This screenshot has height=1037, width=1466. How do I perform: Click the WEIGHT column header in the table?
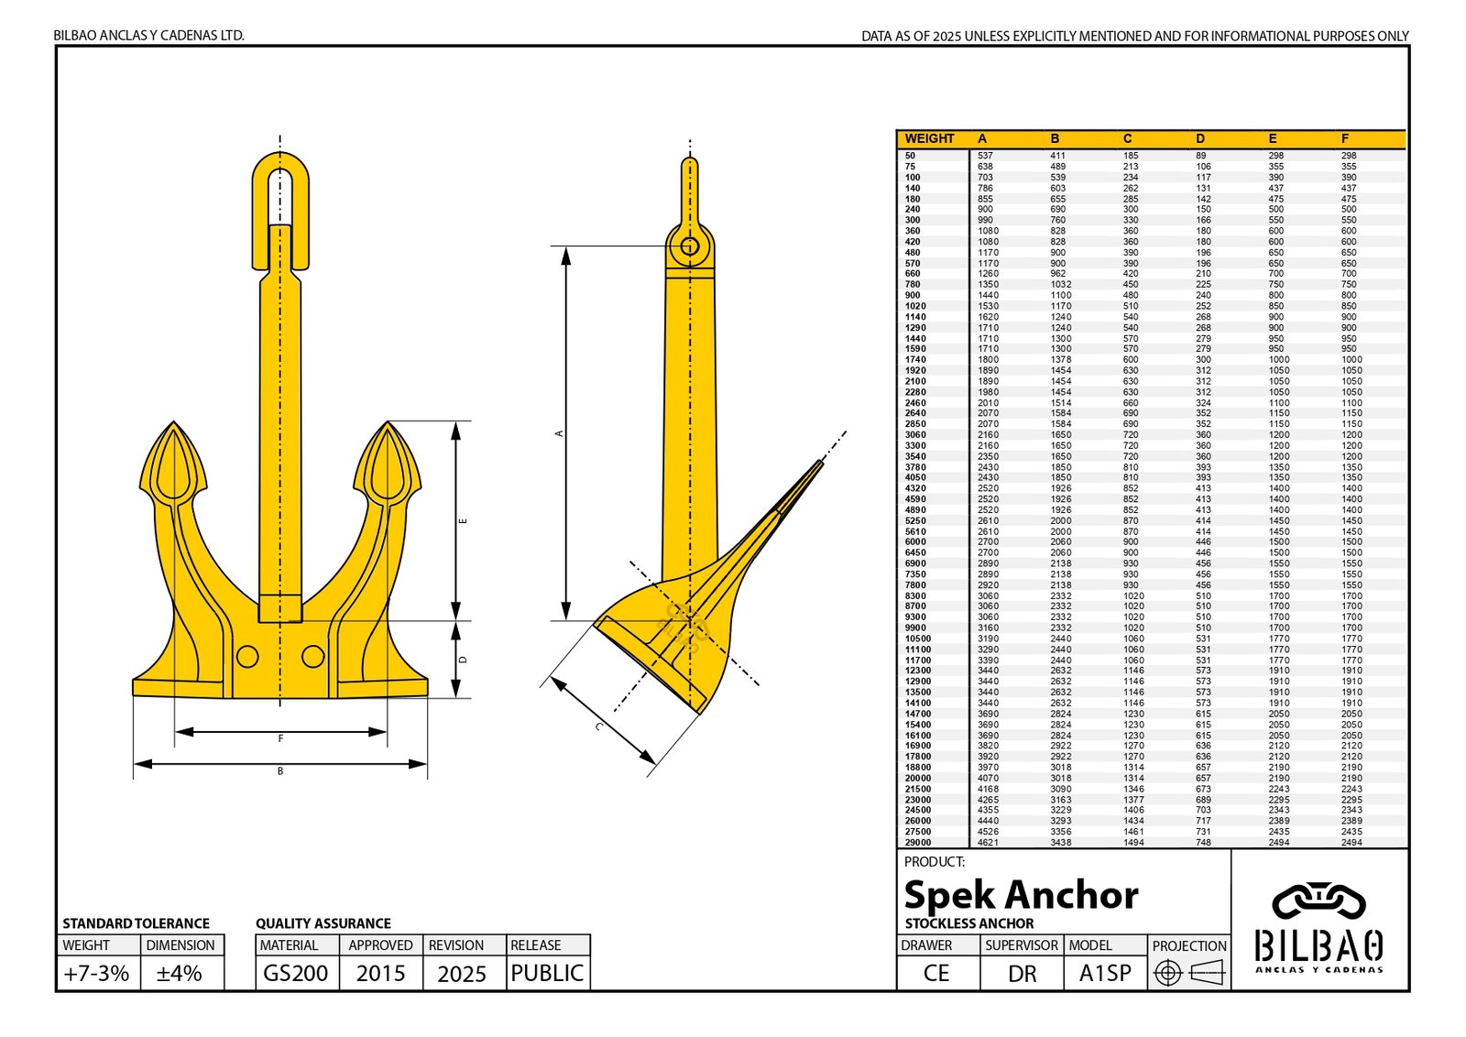pyautogui.click(x=929, y=138)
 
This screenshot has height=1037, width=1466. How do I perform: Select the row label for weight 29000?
pyautogui.click(x=917, y=842)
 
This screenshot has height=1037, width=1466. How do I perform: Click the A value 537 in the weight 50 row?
pyautogui.click(x=985, y=156)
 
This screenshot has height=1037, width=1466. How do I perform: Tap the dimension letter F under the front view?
pyautogui.click(x=280, y=738)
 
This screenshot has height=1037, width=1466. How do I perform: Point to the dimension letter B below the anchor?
pyautogui.click(x=280, y=771)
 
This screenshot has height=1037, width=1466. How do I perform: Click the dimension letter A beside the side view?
pyautogui.click(x=559, y=433)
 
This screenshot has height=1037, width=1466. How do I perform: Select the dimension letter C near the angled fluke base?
pyautogui.click(x=599, y=726)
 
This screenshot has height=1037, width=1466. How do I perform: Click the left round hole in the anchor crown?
pyautogui.click(x=246, y=656)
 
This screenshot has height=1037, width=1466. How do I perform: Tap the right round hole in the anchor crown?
pyautogui.click(x=313, y=656)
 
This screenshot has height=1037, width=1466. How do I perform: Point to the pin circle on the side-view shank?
pyautogui.click(x=689, y=246)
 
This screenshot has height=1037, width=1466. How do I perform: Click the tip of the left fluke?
pyautogui.click(x=173, y=424)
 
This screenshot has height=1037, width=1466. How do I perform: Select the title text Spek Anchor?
pyautogui.click(x=1021, y=894)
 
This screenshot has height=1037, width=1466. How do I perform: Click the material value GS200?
pyautogui.click(x=295, y=973)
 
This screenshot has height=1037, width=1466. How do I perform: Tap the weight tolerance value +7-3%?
pyautogui.click(x=96, y=973)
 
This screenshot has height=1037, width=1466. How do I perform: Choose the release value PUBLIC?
pyautogui.click(x=547, y=973)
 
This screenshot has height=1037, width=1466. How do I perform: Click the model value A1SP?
pyautogui.click(x=1105, y=973)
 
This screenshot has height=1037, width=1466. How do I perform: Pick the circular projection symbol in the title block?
pyautogui.click(x=1167, y=973)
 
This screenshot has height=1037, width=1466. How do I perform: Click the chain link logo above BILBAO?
pyautogui.click(x=1318, y=901)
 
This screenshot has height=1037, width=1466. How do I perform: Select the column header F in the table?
pyautogui.click(x=1345, y=138)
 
